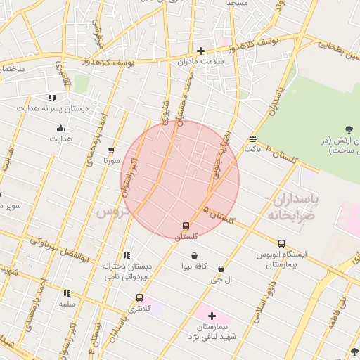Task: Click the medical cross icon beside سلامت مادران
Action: (201, 51)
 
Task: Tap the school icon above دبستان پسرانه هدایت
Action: (51, 98)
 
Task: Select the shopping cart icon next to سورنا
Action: (111, 150)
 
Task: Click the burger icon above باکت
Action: (252, 139)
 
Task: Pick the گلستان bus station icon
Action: (186, 226)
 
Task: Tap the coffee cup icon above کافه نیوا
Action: (194, 256)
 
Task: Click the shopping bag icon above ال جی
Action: (221, 269)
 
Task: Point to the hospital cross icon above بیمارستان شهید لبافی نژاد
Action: (212, 316)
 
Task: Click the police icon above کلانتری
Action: (139, 298)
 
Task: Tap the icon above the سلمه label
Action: (67, 293)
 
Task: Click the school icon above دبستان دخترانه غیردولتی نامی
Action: (127, 256)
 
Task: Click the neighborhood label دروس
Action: (110, 210)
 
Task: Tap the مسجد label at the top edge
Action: (236, 4)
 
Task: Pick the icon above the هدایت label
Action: (60, 129)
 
